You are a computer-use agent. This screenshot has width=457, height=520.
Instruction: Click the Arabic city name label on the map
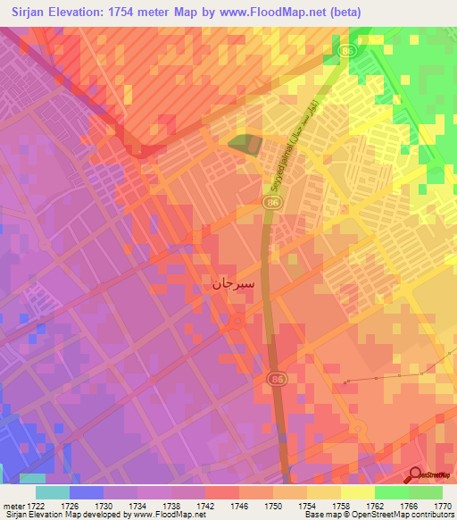pyautogui.click(x=235, y=285)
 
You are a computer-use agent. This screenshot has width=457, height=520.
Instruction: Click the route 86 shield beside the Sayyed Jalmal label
pyautogui.click(x=270, y=204)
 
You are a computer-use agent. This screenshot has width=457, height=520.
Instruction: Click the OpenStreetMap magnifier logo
pyautogui.click(x=414, y=475)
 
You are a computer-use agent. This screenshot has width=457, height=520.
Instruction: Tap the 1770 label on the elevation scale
pyautogui.click(x=443, y=505)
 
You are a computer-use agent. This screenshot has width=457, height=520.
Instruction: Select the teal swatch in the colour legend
pyautogui.click(x=52, y=491)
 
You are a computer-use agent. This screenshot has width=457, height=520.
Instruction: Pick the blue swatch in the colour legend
pyautogui.click(x=86, y=491)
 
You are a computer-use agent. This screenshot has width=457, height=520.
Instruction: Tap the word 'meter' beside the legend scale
pyautogui.click(x=12, y=505)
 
